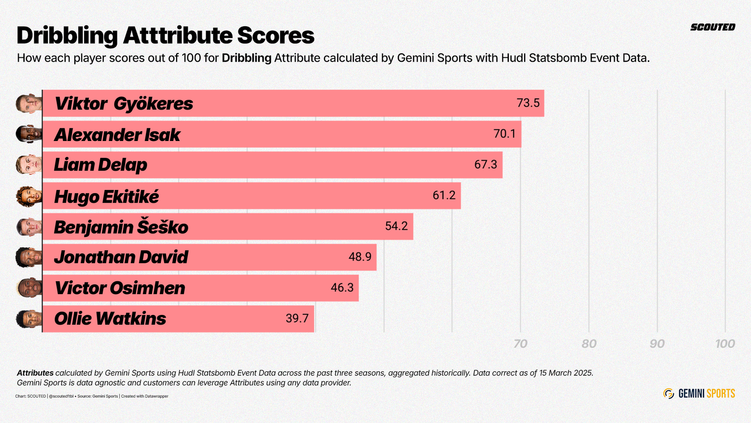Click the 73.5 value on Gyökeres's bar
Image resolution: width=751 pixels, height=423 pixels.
pyautogui.click(x=528, y=103)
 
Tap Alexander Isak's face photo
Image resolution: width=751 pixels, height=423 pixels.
pyautogui.click(x=29, y=134)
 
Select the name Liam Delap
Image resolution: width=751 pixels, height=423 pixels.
pyautogui.click(x=100, y=165)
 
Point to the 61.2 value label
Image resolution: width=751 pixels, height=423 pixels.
pyautogui.click(x=444, y=195)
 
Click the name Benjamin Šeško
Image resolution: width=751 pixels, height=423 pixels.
pyautogui.click(x=121, y=227)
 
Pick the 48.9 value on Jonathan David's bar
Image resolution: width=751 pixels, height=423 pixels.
pyautogui.click(x=360, y=257)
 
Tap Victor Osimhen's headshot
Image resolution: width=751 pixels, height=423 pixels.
pyautogui.click(x=29, y=287)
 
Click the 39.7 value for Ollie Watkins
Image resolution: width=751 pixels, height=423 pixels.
pyautogui.click(x=297, y=318)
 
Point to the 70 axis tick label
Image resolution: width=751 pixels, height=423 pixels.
pyautogui.click(x=520, y=344)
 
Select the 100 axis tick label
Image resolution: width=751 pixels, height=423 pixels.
pyautogui.click(x=725, y=344)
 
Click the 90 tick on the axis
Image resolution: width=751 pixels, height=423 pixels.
pyautogui.click(x=657, y=344)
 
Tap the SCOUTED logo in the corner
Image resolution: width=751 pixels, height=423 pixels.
pyautogui.click(x=713, y=27)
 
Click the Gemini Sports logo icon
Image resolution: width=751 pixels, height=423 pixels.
pyautogui.click(x=669, y=393)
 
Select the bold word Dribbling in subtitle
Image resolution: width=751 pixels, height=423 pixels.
pyautogui.click(x=246, y=58)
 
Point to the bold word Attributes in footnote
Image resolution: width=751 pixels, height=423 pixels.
pyautogui.click(x=35, y=373)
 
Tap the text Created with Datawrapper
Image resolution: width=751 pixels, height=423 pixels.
pyautogui.click(x=145, y=396)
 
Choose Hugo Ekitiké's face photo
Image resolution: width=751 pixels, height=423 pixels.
pyautogui.click(x=29, y=196)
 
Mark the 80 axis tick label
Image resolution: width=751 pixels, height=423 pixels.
pyautogui.click(x=589, y=344)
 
